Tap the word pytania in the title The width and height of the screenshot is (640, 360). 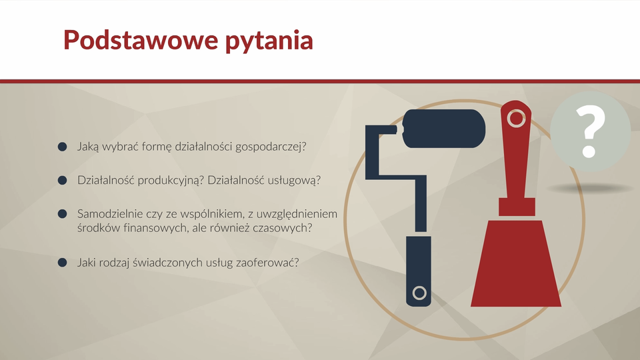click(269, 41)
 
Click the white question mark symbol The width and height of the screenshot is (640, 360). click(590, 131)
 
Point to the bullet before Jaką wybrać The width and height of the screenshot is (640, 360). click(63, 147)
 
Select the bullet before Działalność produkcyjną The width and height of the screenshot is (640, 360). click(63, 180)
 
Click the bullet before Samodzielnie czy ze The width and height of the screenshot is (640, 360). click(63, 214)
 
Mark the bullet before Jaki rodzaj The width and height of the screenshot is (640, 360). click(63, 263)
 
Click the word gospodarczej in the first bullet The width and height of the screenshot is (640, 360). click(271, 147)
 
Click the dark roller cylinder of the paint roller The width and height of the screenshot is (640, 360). click(444, 129)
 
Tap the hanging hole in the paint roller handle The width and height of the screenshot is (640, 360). click(419, 293)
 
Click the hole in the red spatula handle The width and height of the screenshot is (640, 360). click(516, 119)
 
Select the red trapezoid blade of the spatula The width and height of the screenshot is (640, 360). click(516, 263)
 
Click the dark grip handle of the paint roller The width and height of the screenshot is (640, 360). click(419, 271)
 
